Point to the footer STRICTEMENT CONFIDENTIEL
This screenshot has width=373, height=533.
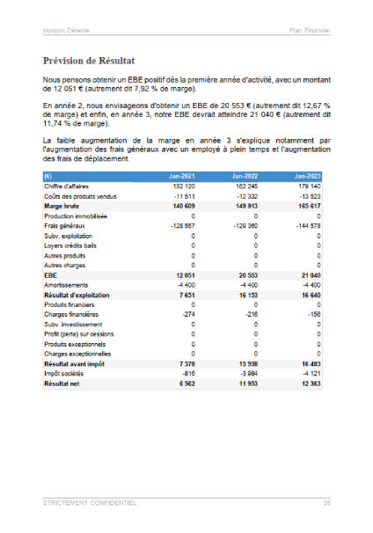(x=89, y=503)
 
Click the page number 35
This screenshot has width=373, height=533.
(x=326, y=503)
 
